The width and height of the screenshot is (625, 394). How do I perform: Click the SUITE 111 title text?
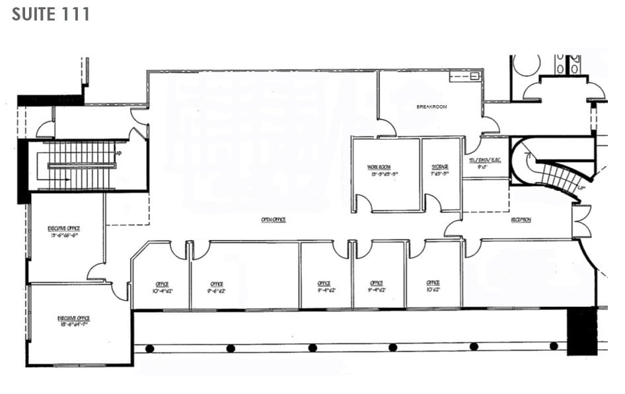(x=51, y=14)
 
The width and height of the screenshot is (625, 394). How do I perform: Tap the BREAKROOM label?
(x=431, y=106)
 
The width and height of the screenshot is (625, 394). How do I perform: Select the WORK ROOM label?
(x=383, y=169)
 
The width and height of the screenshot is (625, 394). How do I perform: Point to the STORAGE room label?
(x=440, y=169)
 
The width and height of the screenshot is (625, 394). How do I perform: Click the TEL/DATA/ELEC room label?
(x=486, y=162)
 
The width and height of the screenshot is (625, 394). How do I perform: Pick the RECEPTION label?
(x=521, y=219)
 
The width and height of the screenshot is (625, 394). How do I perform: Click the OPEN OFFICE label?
(x=274, y=219)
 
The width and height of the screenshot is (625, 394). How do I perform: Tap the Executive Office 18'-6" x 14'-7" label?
(x=73, y=321)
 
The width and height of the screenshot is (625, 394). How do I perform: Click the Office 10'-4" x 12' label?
(x=162, y=287)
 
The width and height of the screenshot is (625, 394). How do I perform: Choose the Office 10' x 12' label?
(x=433, y=286)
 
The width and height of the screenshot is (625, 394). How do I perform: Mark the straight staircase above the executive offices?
(x=83, y=165)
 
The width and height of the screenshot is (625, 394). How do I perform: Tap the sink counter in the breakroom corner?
(x=465, y=76)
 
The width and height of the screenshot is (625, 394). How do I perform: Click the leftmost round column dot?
(x=150, y=348)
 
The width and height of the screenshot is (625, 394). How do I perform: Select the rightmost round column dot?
(x=554, y=346)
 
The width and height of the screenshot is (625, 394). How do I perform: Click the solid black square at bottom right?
(x=581, y=331)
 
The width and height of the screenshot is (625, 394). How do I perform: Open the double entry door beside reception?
(x=581, y=221)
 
